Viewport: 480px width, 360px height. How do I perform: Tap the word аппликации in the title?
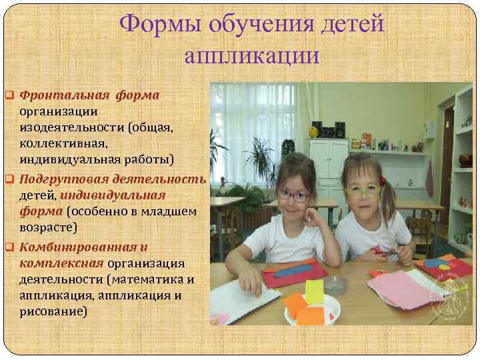click(x=252, y=55)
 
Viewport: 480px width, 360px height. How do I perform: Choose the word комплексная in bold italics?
click(x=57, y=263)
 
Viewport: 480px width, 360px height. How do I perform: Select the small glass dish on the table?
click(x=335, y=285)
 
